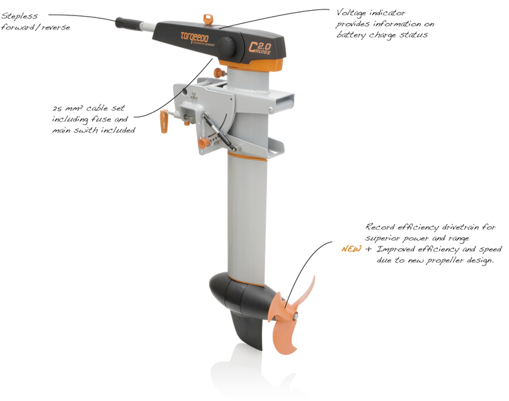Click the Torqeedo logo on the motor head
tap(195, 38)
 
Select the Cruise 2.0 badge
tap(261, 47)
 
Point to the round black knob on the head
tap(227, 47)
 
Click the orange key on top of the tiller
tap(207, 19)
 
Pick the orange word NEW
tap(351, 249)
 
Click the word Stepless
tap(19, 16)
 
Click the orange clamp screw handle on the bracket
tap(164, 122)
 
